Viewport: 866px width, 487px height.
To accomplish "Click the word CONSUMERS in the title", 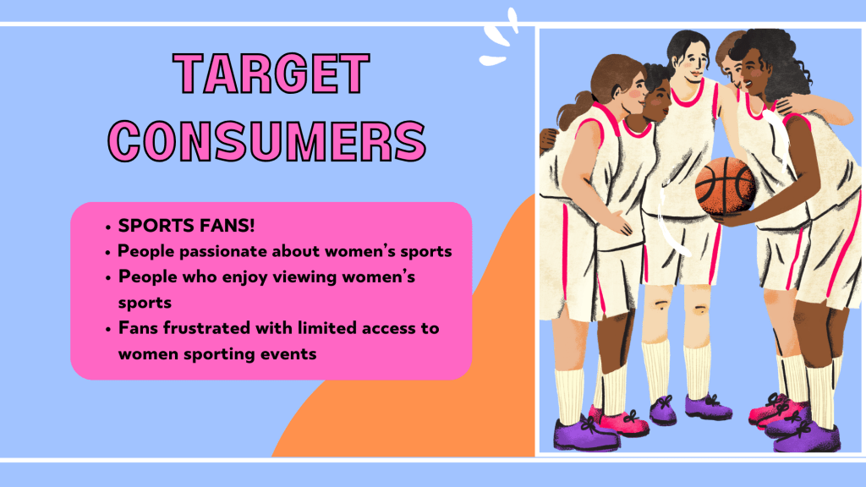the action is [x=267, y=141].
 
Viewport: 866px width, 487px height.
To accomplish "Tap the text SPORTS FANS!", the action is [x=187, y=225].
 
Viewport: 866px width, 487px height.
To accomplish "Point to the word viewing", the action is [x=304, y=277].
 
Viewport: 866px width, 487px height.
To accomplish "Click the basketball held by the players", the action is [x=725, y=186].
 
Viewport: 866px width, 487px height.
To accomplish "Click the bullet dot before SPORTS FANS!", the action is [x=108, y=227].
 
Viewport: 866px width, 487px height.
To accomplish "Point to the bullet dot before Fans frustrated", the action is [x=108, y=330].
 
